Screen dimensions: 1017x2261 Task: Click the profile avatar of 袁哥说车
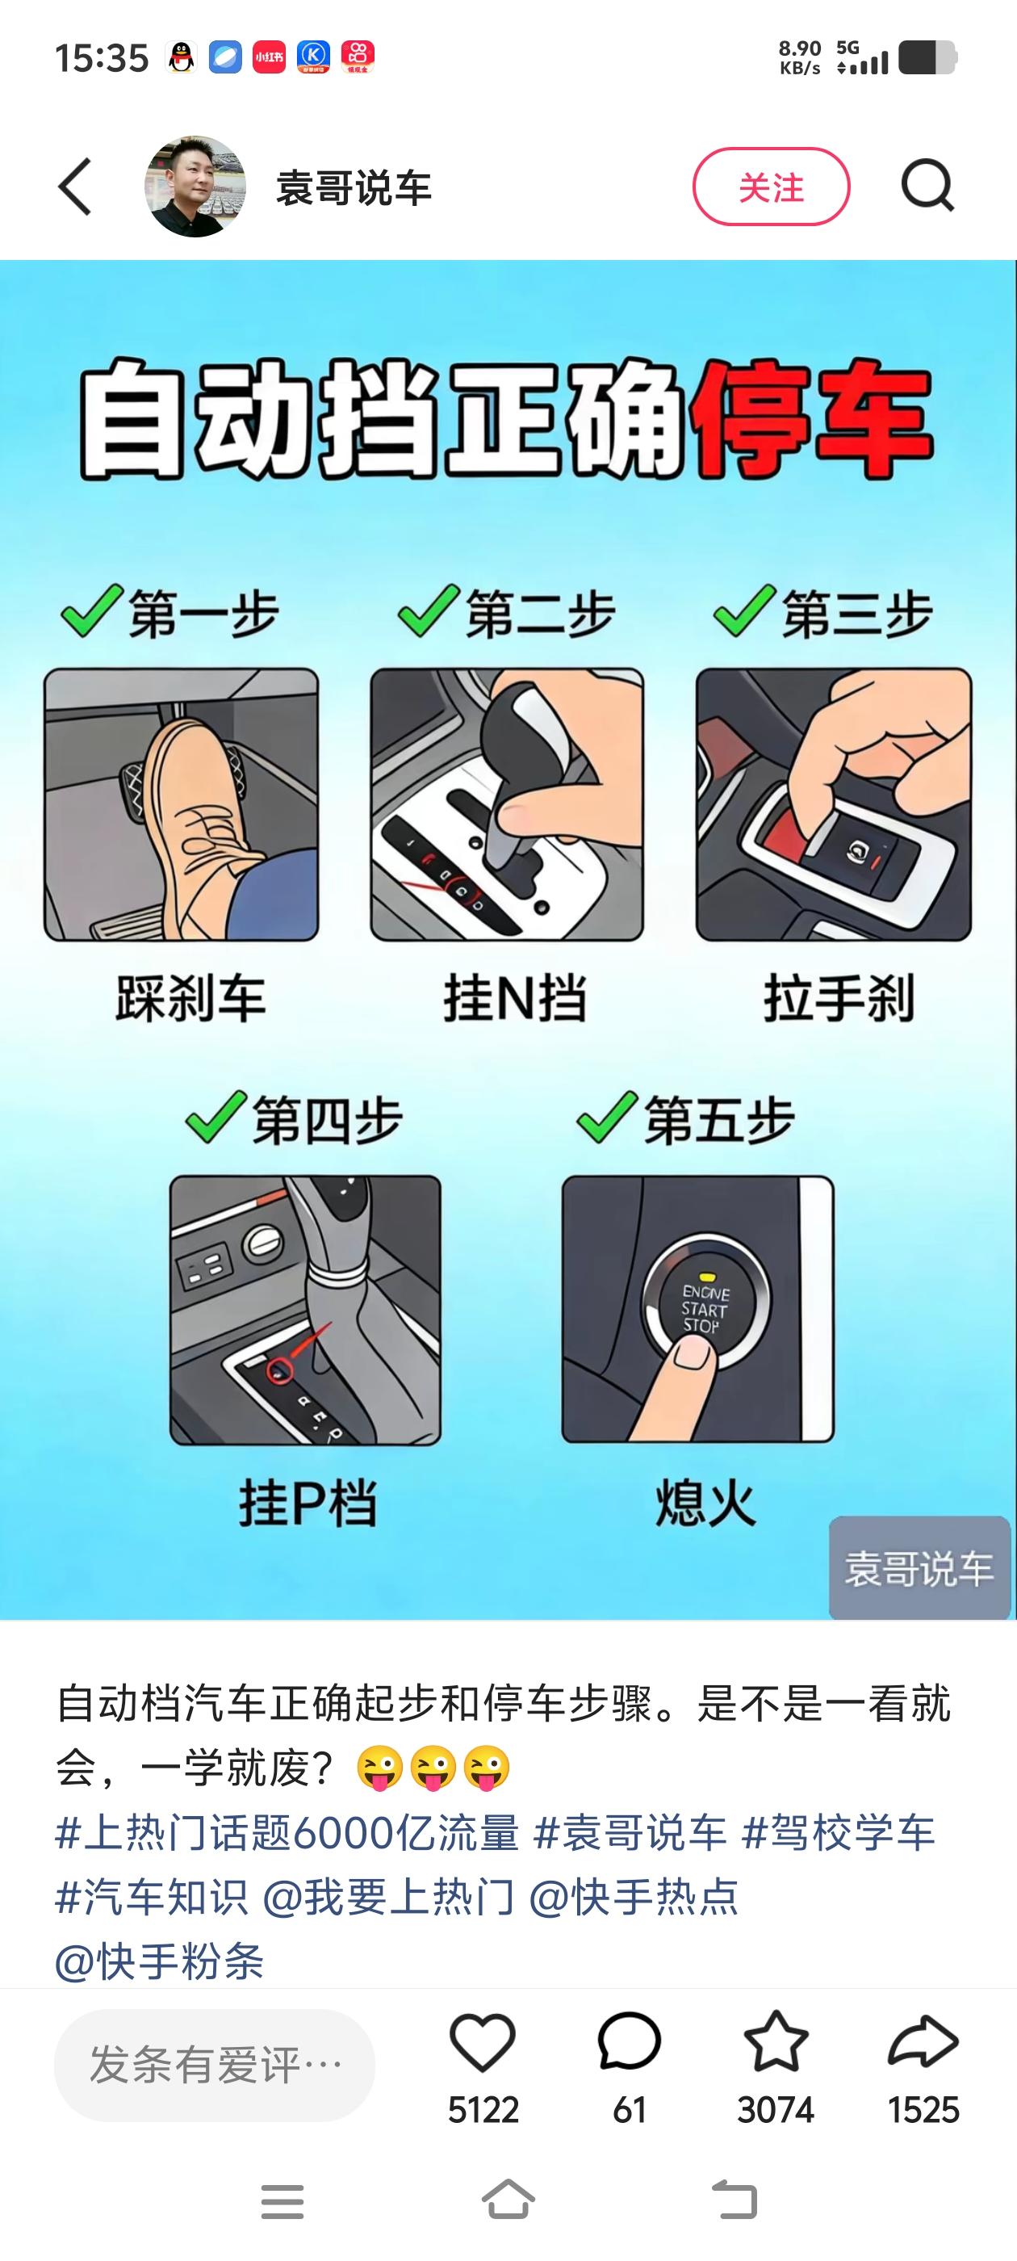195,186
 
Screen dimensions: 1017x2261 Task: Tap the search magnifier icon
927,186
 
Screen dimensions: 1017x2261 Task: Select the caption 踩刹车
190,998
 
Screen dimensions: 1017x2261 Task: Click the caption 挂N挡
515,998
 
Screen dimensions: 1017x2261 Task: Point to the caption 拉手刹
839,998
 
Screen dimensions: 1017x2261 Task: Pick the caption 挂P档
308,1503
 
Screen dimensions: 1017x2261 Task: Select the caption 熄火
705,1503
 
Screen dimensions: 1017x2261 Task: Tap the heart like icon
483,2042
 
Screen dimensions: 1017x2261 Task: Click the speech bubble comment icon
629,2042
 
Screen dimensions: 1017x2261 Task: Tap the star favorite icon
776,2041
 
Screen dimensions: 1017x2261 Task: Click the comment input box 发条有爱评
215,2065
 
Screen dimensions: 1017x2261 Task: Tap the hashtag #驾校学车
839,1834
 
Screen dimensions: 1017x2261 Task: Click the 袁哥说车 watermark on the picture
919,1567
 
